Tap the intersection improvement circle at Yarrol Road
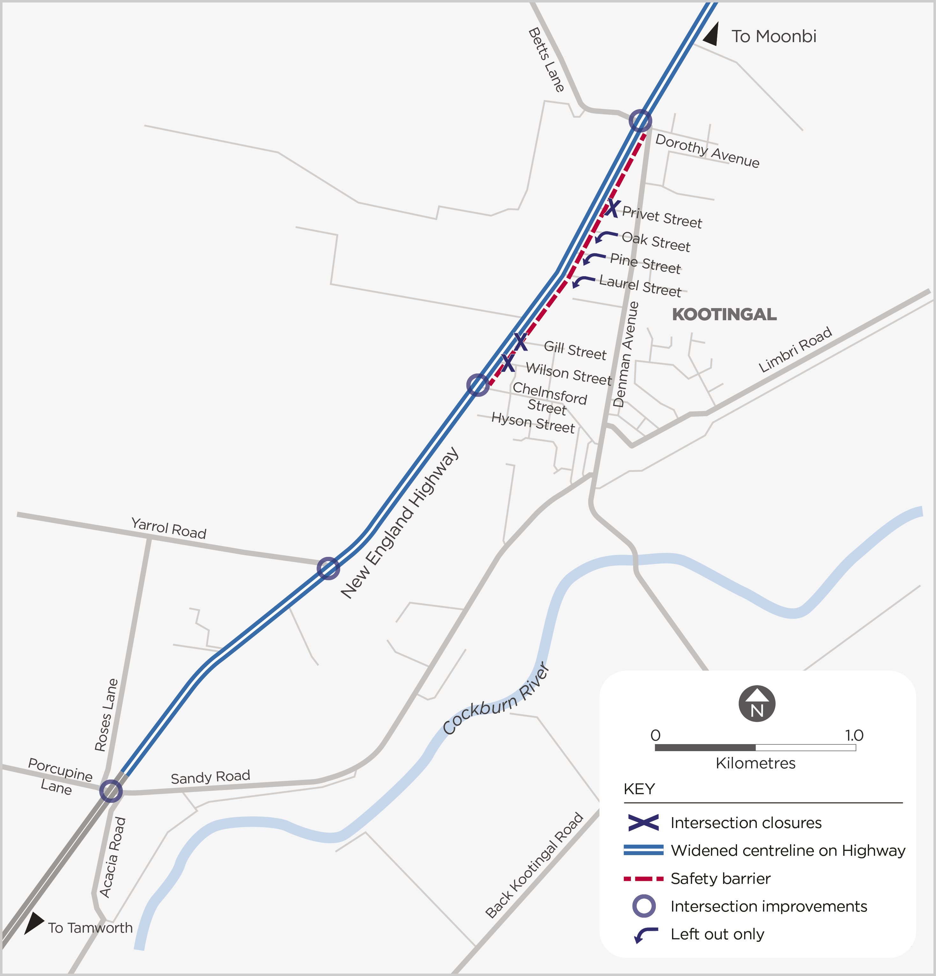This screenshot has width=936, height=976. pyautogui.click(x=328, y=568)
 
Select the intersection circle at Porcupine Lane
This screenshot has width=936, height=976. pyautogui.click(x=111, y=790)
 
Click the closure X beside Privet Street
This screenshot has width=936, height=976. pyautogui.click(x=612, y=208)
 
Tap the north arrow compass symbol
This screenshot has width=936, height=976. pyautogui.click(x=757, y=704)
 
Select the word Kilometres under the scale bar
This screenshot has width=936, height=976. pyautogui.click(x=755, y=763)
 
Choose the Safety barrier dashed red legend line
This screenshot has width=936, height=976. pyautogui.click(x=643, y=879)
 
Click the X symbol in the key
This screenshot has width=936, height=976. pyautogui.click(x=643, y=823)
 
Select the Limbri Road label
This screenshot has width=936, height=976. pyautogui.click(x=795, y=350)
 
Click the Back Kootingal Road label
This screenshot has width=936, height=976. pyautogui.click(x=534, y=865)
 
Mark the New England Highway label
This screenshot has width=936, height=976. pyautogui.click(x=399, y=522)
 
